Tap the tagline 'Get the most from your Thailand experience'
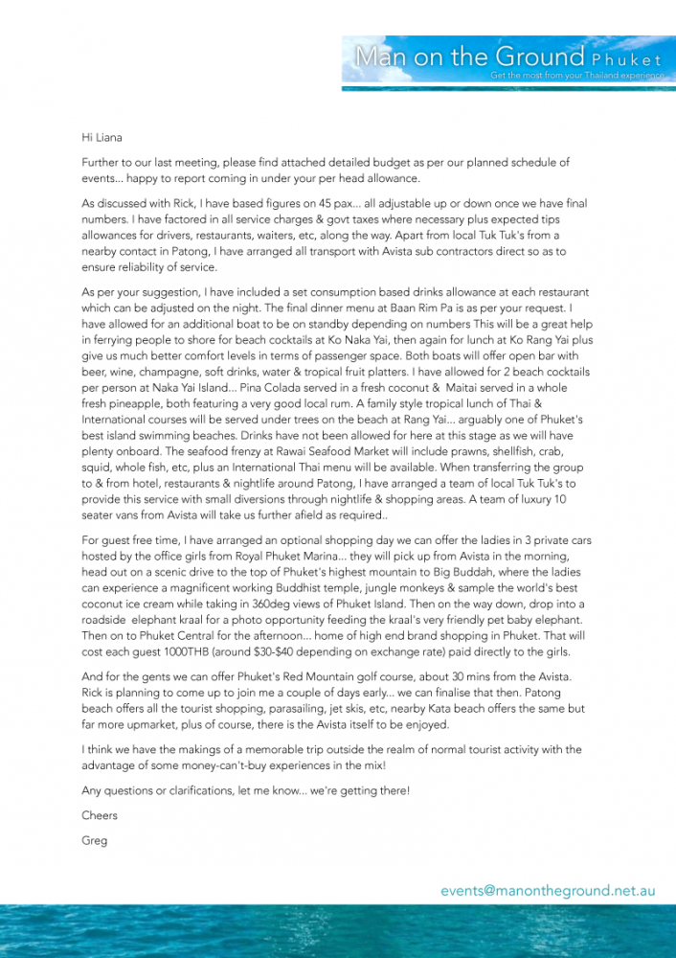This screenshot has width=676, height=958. (576, 75)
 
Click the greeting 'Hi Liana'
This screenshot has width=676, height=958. (102, 137)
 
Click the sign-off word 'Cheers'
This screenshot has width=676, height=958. (100, 815)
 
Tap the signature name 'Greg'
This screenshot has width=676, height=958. (95, 840)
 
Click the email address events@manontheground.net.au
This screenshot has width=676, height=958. (548, 890)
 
